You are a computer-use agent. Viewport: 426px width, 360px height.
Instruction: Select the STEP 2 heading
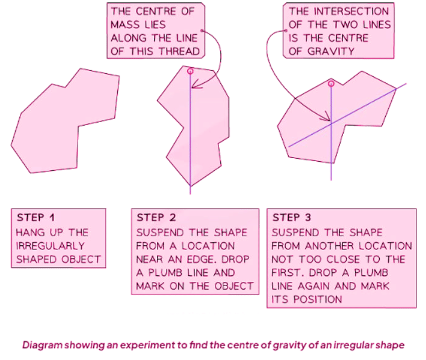158,218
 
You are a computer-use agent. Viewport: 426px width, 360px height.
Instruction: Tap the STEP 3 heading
294,218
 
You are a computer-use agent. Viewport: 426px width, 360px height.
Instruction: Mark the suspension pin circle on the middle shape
191,71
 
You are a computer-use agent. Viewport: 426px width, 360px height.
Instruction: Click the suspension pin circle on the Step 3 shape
330,83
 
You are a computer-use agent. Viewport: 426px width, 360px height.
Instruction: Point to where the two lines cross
331,123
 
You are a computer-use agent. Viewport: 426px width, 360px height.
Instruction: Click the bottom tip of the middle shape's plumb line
191,194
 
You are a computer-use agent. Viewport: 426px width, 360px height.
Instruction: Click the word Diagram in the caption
43,346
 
